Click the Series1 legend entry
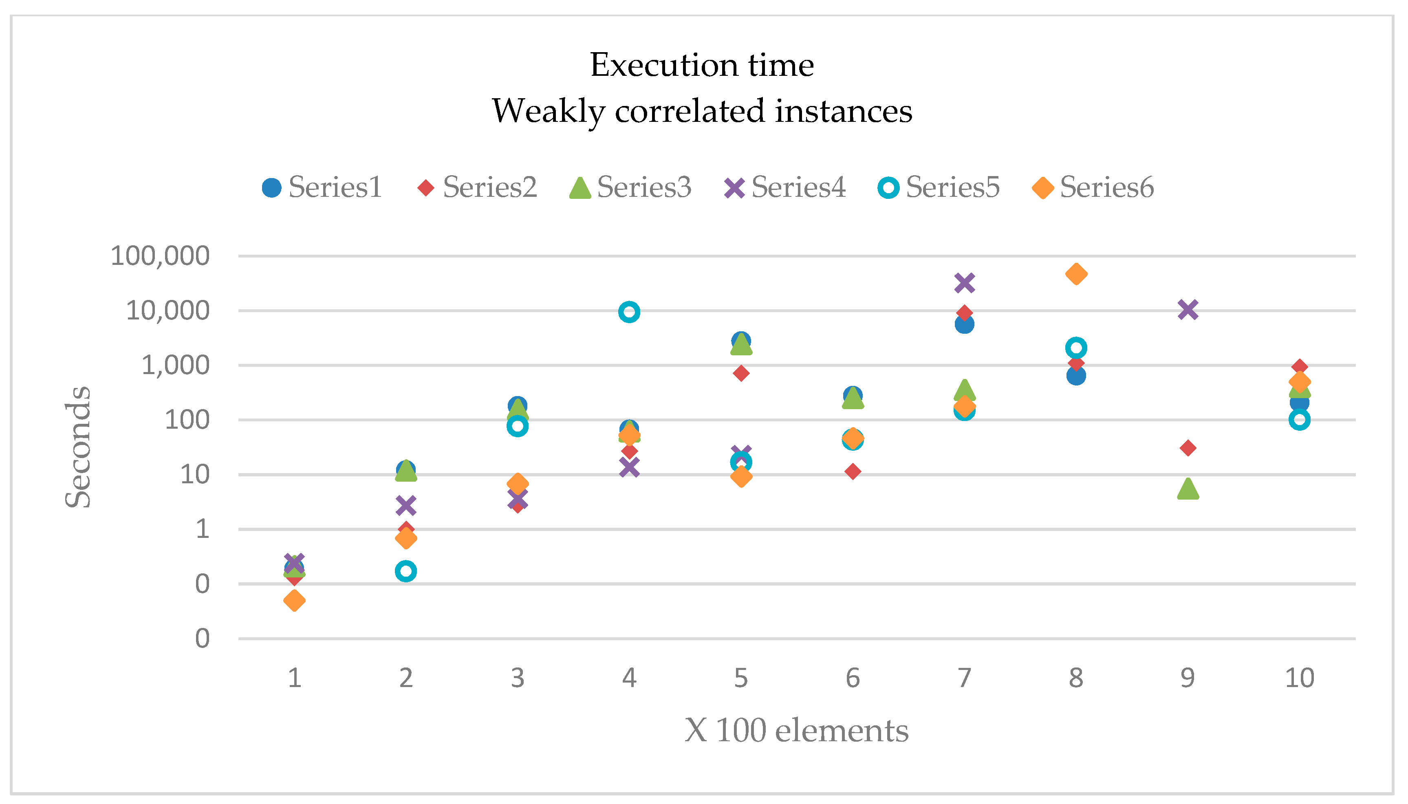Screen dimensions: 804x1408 [322, 187]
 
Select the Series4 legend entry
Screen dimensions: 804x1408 [785, 187]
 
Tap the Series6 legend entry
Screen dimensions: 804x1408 [1093, 187]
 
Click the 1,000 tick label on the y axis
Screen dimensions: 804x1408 [176, 365]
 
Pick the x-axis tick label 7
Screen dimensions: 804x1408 [964, 678]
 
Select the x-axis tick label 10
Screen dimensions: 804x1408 [1299, 678]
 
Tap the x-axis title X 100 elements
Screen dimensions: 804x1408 [796, 731]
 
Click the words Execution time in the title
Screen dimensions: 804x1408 [702, 65]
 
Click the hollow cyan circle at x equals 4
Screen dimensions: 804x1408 [629, 312]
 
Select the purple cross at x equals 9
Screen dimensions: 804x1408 [1188, 309]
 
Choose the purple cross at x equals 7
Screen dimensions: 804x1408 [964, 283]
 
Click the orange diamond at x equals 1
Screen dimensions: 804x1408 [294, 600]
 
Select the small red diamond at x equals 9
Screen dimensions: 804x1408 [1188, 448]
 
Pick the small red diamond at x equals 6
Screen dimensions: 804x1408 [853, 471]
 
